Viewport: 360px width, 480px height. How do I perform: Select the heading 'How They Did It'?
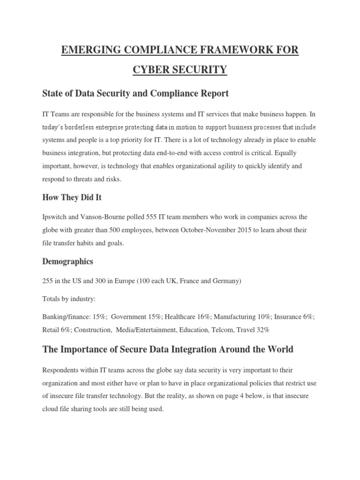tap(72, 197)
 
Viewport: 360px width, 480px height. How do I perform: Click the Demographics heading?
tap(68, 261)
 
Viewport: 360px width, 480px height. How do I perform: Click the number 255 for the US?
tap(48, 281)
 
